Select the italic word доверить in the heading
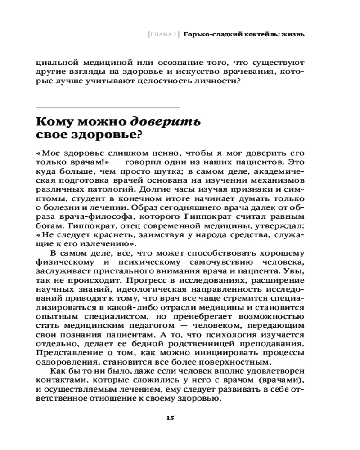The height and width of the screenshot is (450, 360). click(166, 122)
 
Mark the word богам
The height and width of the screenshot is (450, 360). click(48, 228)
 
